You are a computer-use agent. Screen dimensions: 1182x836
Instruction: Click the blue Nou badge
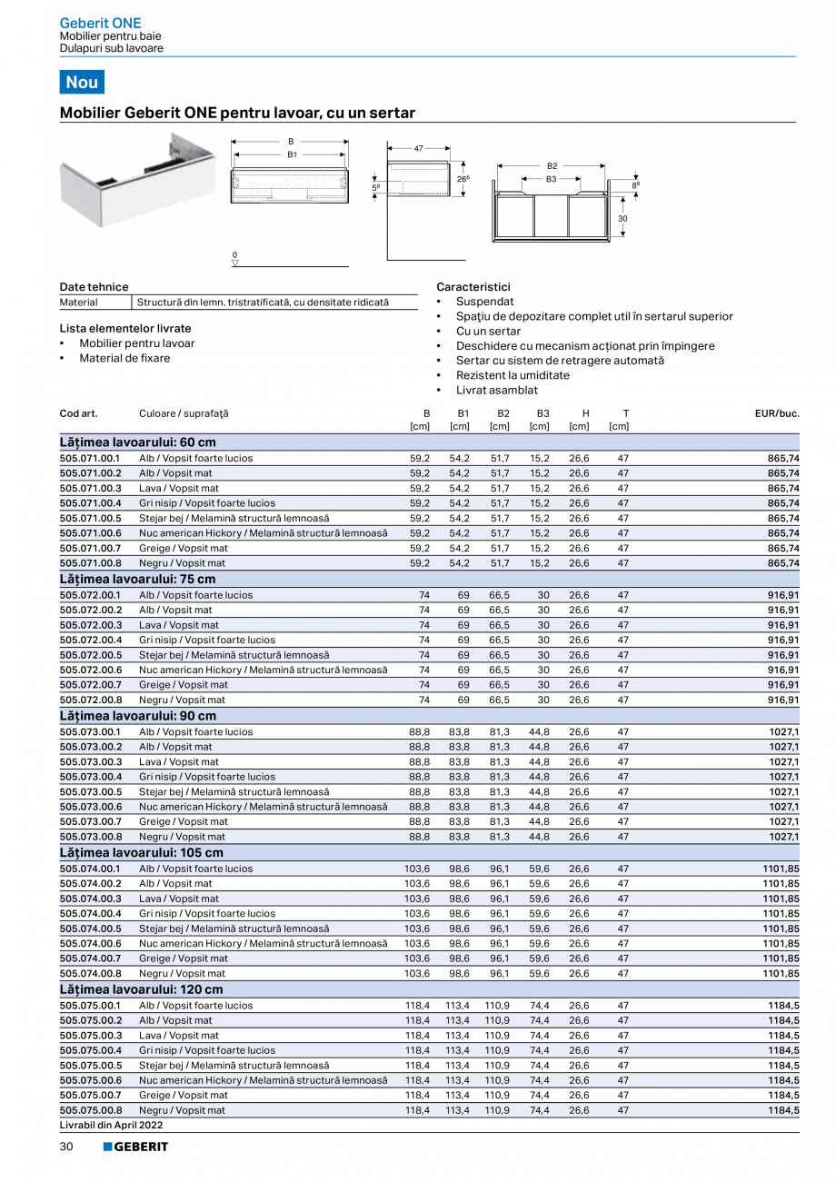coord(82,82)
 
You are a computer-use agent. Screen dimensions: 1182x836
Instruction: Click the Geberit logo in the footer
coord(135,1147)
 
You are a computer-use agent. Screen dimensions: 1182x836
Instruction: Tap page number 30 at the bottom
coord(67,1147)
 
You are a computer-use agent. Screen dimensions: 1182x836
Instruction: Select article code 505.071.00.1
coord(90,459)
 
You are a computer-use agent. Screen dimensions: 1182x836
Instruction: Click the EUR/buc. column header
coord(777,413)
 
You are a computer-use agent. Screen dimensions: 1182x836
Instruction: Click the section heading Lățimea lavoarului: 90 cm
coord(138,716)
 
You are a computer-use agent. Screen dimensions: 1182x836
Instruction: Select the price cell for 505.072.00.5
coord(783,655)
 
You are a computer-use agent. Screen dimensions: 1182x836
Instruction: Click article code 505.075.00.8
coord(90,1110)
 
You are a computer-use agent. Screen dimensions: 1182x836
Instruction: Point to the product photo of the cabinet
coord(136,180)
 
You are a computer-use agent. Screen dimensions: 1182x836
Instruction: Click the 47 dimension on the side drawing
coord(419,147)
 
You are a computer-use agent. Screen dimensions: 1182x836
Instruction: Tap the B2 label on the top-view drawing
coord(552,167)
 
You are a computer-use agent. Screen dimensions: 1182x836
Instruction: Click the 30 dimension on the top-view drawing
coord(623,219)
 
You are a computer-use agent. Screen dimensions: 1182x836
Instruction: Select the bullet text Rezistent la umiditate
coord(513,375)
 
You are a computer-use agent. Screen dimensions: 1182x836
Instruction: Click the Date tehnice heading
coord(94,287)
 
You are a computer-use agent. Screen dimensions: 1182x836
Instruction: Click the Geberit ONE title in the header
coord(100,23)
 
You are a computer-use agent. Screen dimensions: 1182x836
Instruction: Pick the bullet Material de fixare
coord(124,358)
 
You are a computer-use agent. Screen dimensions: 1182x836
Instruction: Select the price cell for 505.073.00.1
coord(783,731)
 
